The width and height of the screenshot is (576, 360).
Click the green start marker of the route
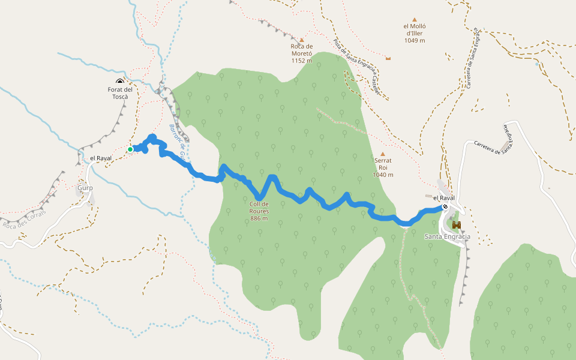point(130,149)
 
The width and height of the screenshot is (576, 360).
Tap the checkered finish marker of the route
point(445,206)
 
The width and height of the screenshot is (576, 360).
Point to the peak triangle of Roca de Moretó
point(301,40)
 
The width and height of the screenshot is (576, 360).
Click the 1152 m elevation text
point(302,61)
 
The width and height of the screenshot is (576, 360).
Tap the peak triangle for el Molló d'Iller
point(414,19)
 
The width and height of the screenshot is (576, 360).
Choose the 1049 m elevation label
point(414,40)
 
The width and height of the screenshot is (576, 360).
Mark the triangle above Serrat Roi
point(383,154)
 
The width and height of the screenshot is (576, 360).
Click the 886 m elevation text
point(259,218)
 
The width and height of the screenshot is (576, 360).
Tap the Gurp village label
point(85,188)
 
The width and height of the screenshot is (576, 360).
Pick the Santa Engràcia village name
point(447,236)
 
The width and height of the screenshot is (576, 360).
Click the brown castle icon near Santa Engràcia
point(457,225)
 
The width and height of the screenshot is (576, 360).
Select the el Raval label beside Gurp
point(101,158)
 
